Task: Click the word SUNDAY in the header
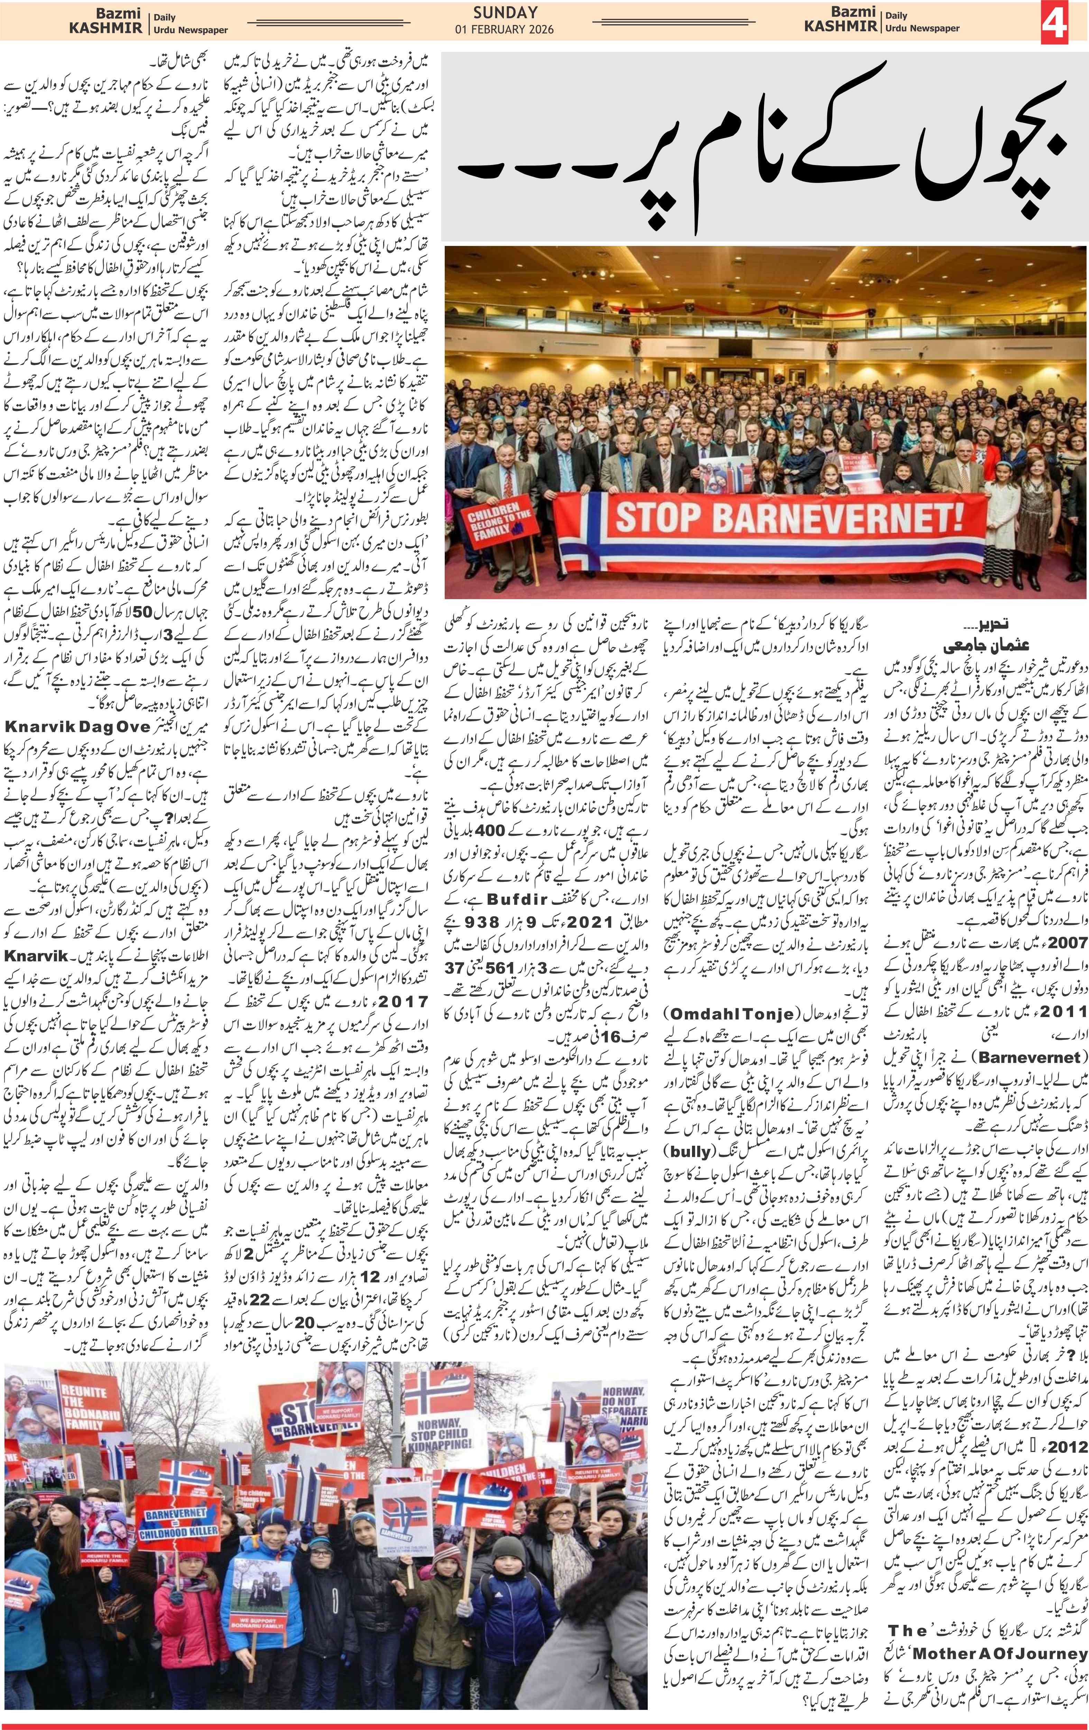point(505,12)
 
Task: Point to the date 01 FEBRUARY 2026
point(505,29)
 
